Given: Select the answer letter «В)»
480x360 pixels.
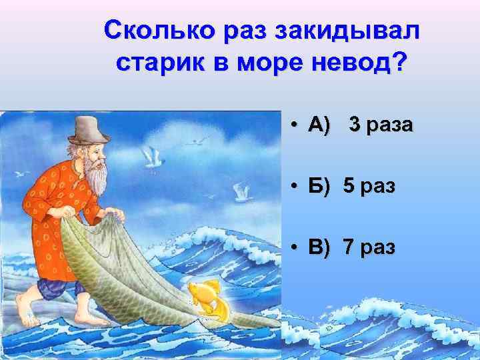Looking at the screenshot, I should click(x=319, y=247).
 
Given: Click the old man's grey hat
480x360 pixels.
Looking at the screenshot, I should click(x=89, y=129).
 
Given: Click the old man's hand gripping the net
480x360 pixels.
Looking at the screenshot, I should click(x=115, y=215).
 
